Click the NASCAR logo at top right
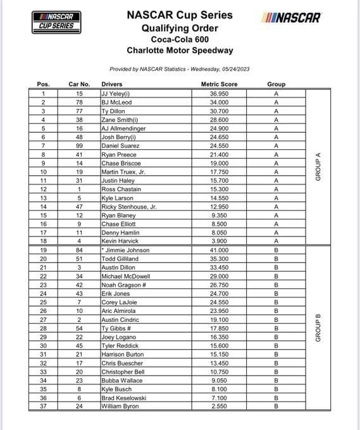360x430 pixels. click(290, 17)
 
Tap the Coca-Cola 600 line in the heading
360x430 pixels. click(179, 39)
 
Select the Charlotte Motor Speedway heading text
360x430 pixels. click(179, 51)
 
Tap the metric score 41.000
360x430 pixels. click(219, 250)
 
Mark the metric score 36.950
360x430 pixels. click(219, 93)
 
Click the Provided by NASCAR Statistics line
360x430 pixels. click(179, 68)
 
